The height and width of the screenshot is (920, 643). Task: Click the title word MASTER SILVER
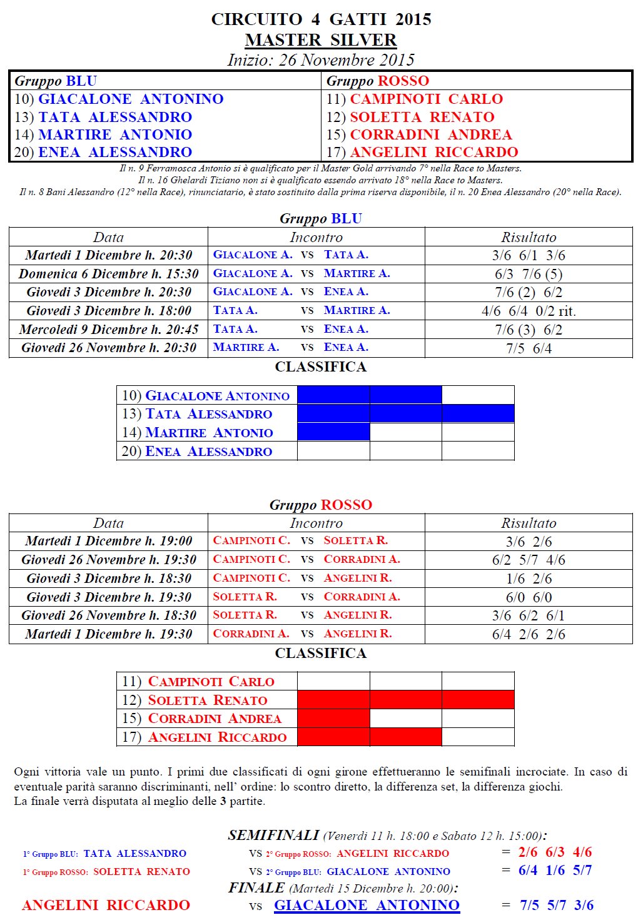[321, 40]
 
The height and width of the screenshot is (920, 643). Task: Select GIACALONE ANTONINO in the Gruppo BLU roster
[131, 99]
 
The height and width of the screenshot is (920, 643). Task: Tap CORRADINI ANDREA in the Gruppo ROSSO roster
[430, 134]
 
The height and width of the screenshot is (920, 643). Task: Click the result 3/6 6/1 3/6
[529, 255]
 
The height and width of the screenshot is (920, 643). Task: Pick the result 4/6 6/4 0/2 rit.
[529, 311]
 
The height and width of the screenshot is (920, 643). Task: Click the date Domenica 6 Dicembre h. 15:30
[108, 274]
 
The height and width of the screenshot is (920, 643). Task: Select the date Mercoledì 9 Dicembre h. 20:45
[108, 330]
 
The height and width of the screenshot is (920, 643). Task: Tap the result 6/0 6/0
[529, 597]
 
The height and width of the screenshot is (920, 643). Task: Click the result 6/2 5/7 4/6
[529, 560]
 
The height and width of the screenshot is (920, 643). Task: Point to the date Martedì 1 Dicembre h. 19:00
[108, 541]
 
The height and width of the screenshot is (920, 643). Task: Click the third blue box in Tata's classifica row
[478, 413]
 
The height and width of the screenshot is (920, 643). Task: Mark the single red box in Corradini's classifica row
[333, 718]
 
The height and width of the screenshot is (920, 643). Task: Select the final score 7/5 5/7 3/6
[557, 905]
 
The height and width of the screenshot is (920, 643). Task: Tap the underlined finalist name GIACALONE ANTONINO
[367, 905]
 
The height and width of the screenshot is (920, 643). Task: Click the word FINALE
[256, 888]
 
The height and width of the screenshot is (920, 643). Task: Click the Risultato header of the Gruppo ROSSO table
[529, 523]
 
